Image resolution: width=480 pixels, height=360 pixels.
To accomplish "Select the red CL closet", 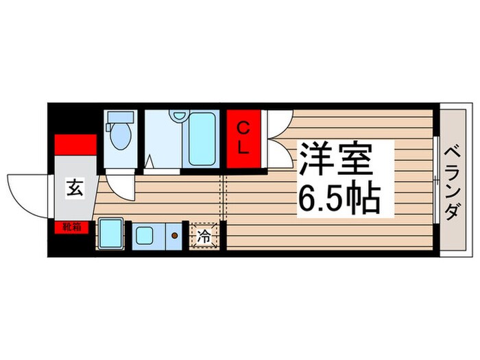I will (x=244, y=138).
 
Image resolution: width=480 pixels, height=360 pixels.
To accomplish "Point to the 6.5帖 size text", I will (x=338, y=197).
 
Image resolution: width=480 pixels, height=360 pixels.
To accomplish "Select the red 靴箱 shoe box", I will (x=72, y=225).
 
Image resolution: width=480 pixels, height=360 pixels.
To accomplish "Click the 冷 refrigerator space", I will (x=204, y=237).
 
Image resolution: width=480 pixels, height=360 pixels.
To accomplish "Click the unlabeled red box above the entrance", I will (x=75, y=145).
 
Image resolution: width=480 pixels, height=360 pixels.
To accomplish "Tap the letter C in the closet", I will (x=243, y=127).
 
